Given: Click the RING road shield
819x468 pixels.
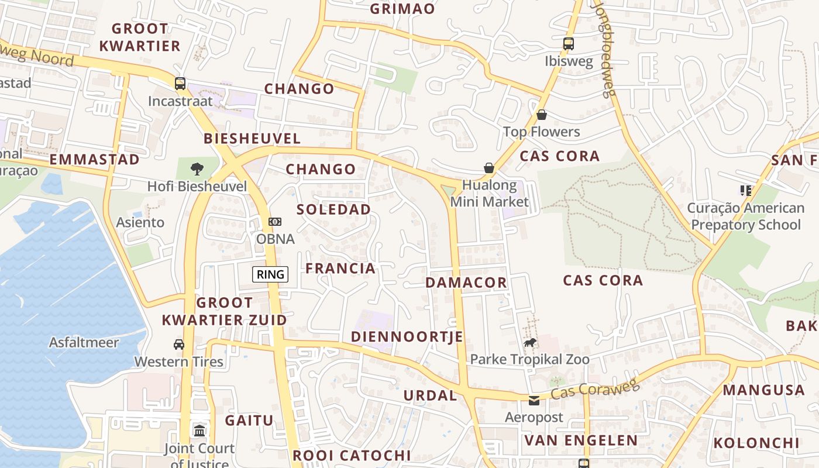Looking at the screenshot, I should click(x=270, y=274).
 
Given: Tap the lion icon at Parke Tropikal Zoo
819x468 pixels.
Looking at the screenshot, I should click(x=530, y=342).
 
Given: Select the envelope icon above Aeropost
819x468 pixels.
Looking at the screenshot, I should click(x=534, y=401).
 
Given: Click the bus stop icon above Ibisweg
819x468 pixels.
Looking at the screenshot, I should click(x=568, y=43).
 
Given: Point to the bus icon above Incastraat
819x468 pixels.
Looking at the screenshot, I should click(x=180, y=83).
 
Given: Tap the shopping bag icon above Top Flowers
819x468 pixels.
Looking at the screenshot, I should click(x=542, y=115).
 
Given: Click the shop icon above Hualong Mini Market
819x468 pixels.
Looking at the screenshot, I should click(x=489, y=168).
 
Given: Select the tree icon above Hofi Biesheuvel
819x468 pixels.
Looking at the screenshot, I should click(x=197, y=169).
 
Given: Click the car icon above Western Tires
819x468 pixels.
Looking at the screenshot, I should click(x=179, y=344).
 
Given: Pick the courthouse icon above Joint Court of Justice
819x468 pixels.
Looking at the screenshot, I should click(x=199, y=431).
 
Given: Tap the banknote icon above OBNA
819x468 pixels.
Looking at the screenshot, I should click(x=275, y=222).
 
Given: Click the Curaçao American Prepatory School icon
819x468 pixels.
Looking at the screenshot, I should click(x=745, y=190).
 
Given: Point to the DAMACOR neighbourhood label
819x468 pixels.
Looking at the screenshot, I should click(x=466, y=283).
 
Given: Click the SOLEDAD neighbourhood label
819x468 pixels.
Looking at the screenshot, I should click(x=333, y=209).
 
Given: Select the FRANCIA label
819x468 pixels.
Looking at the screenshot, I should click(x=340, y=269).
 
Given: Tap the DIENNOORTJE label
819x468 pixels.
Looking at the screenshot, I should click(x=407, y=336).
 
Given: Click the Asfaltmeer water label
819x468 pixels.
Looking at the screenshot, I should click(x=84, y=342).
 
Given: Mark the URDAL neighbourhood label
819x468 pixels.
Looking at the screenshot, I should click(x=430, y=395).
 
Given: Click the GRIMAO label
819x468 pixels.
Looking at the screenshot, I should click(x=402, y=9).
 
